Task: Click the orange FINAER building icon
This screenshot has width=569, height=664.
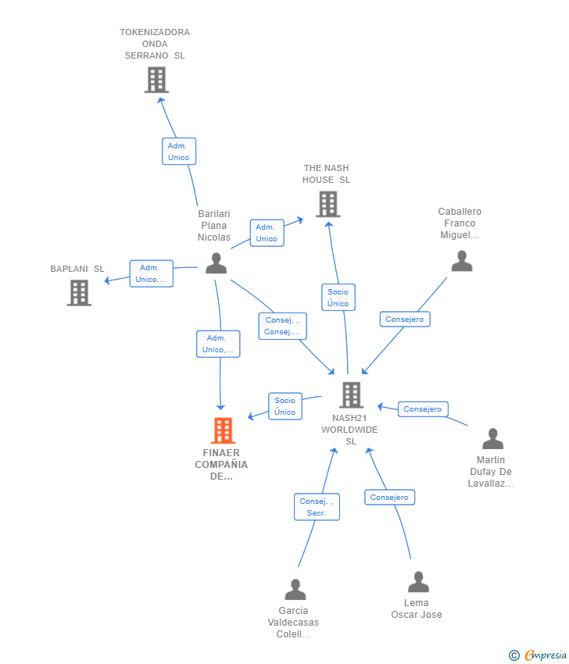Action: pyautogui.click(x=223, y=430)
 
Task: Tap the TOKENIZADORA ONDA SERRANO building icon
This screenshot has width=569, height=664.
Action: pyautogui.click(x=156, y=80)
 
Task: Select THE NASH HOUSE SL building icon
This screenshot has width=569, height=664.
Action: pyautogui.click(x=328, y=204)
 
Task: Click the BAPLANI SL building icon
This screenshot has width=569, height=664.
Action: pyautogui.click(x=79, y=293)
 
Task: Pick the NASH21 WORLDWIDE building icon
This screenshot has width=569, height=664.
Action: pyautogui.click(x=351, y=394)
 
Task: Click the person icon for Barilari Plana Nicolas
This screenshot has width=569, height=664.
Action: pyautogui.click(x=216, y=263)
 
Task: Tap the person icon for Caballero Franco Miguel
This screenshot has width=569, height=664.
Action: pyautogui.click(x=462, y=261)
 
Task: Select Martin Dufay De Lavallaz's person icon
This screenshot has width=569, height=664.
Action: pyautogui.click(x=492, y=438)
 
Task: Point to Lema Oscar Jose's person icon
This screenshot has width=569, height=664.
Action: pyautogui.click(x=419, y=581)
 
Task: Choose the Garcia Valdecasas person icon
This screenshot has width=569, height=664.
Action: pyautogui.click(x=295, y=590)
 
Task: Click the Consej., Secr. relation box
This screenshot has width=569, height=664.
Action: pyautogui.click(x=317, y=507)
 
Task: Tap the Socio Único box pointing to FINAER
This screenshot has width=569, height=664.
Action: pyautogui.click(x=285, y=406)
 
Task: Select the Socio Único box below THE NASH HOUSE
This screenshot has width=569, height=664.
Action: pyautogui.click(x=338, y=298)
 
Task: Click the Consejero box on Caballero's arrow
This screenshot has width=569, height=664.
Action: pyautogui.click(x=405, y=320)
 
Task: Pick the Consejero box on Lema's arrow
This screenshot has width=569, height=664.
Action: pyautogui.click(x=389, y=497)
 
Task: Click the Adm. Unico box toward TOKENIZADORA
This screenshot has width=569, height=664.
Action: pyautogui.click(x=179, y=152)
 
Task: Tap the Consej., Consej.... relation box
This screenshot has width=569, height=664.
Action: pyautogui.click(x=283, y=326)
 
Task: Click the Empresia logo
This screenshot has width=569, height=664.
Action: pyautogui.click(x=538, y=655)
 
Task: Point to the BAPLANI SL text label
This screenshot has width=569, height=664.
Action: pyautogui.click(x=77, y=269)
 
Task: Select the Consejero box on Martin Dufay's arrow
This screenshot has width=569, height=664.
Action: pyautogui.click(x=423, y=409)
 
